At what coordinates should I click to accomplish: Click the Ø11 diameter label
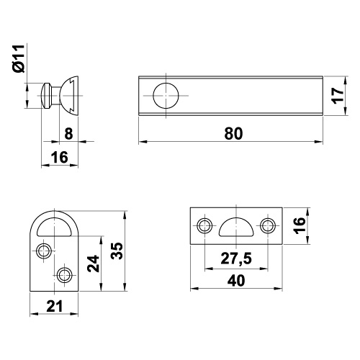19,58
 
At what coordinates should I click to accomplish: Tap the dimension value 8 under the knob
68,133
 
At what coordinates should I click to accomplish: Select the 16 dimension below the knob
60,158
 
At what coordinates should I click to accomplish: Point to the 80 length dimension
233,134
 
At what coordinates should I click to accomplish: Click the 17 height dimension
338,96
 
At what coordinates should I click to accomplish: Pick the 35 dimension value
117,251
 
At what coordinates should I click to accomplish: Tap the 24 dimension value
94,264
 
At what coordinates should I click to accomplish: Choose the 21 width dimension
55,306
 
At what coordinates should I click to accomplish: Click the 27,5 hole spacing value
236,258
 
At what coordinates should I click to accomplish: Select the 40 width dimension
236,281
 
